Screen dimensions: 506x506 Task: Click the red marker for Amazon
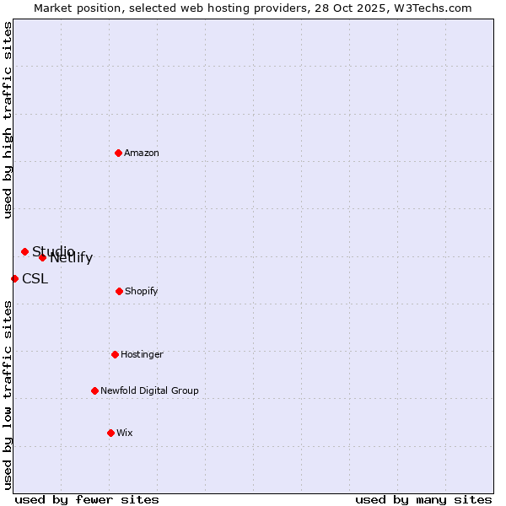118,153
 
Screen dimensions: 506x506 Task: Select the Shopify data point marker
119,291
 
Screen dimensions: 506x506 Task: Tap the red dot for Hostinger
115,354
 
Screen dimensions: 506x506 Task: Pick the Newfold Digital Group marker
94,390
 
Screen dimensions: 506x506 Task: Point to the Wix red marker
110,433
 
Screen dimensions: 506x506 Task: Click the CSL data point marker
14,278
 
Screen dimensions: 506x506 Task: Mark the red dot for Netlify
42,257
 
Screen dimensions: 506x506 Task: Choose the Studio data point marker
24,251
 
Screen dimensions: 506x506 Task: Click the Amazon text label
142,153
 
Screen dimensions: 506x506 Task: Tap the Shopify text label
141,291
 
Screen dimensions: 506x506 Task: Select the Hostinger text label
142,354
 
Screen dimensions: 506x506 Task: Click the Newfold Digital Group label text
149,390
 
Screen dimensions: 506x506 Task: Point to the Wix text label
125,433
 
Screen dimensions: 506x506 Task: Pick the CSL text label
35,279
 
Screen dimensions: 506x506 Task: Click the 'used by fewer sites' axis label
87,499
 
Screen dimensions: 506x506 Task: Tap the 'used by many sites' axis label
423,499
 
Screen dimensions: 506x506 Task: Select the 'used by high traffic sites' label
8,120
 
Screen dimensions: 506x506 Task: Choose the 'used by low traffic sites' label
8,395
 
